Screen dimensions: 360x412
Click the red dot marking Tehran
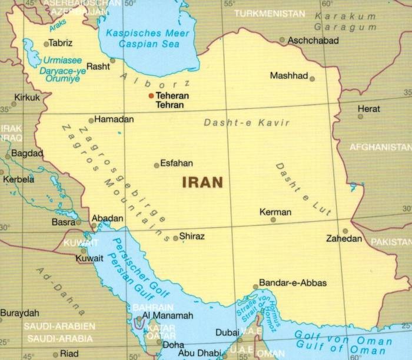coord(151,95)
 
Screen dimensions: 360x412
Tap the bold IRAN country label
coord(202,182)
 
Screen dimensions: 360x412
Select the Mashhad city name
coord(288,76)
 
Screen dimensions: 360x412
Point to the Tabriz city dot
coord(46,44)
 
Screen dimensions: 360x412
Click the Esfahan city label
coord(177,164)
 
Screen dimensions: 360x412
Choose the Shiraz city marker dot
coord(175,238)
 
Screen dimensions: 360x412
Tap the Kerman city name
coord(275,212)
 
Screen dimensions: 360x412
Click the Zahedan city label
coord(345,239)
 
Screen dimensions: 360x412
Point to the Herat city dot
coord(360,116)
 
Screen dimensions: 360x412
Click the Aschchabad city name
coord(313,41)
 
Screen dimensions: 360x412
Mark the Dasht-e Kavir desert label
coord(247,123)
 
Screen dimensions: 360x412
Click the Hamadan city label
coord(114,119)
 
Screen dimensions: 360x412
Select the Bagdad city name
coord(24,153)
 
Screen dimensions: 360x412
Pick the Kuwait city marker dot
coord(83,251)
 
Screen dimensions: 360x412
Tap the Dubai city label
coord(227,332)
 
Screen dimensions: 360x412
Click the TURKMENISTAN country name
coord(270,13)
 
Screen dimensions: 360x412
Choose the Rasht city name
coord(98,66)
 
